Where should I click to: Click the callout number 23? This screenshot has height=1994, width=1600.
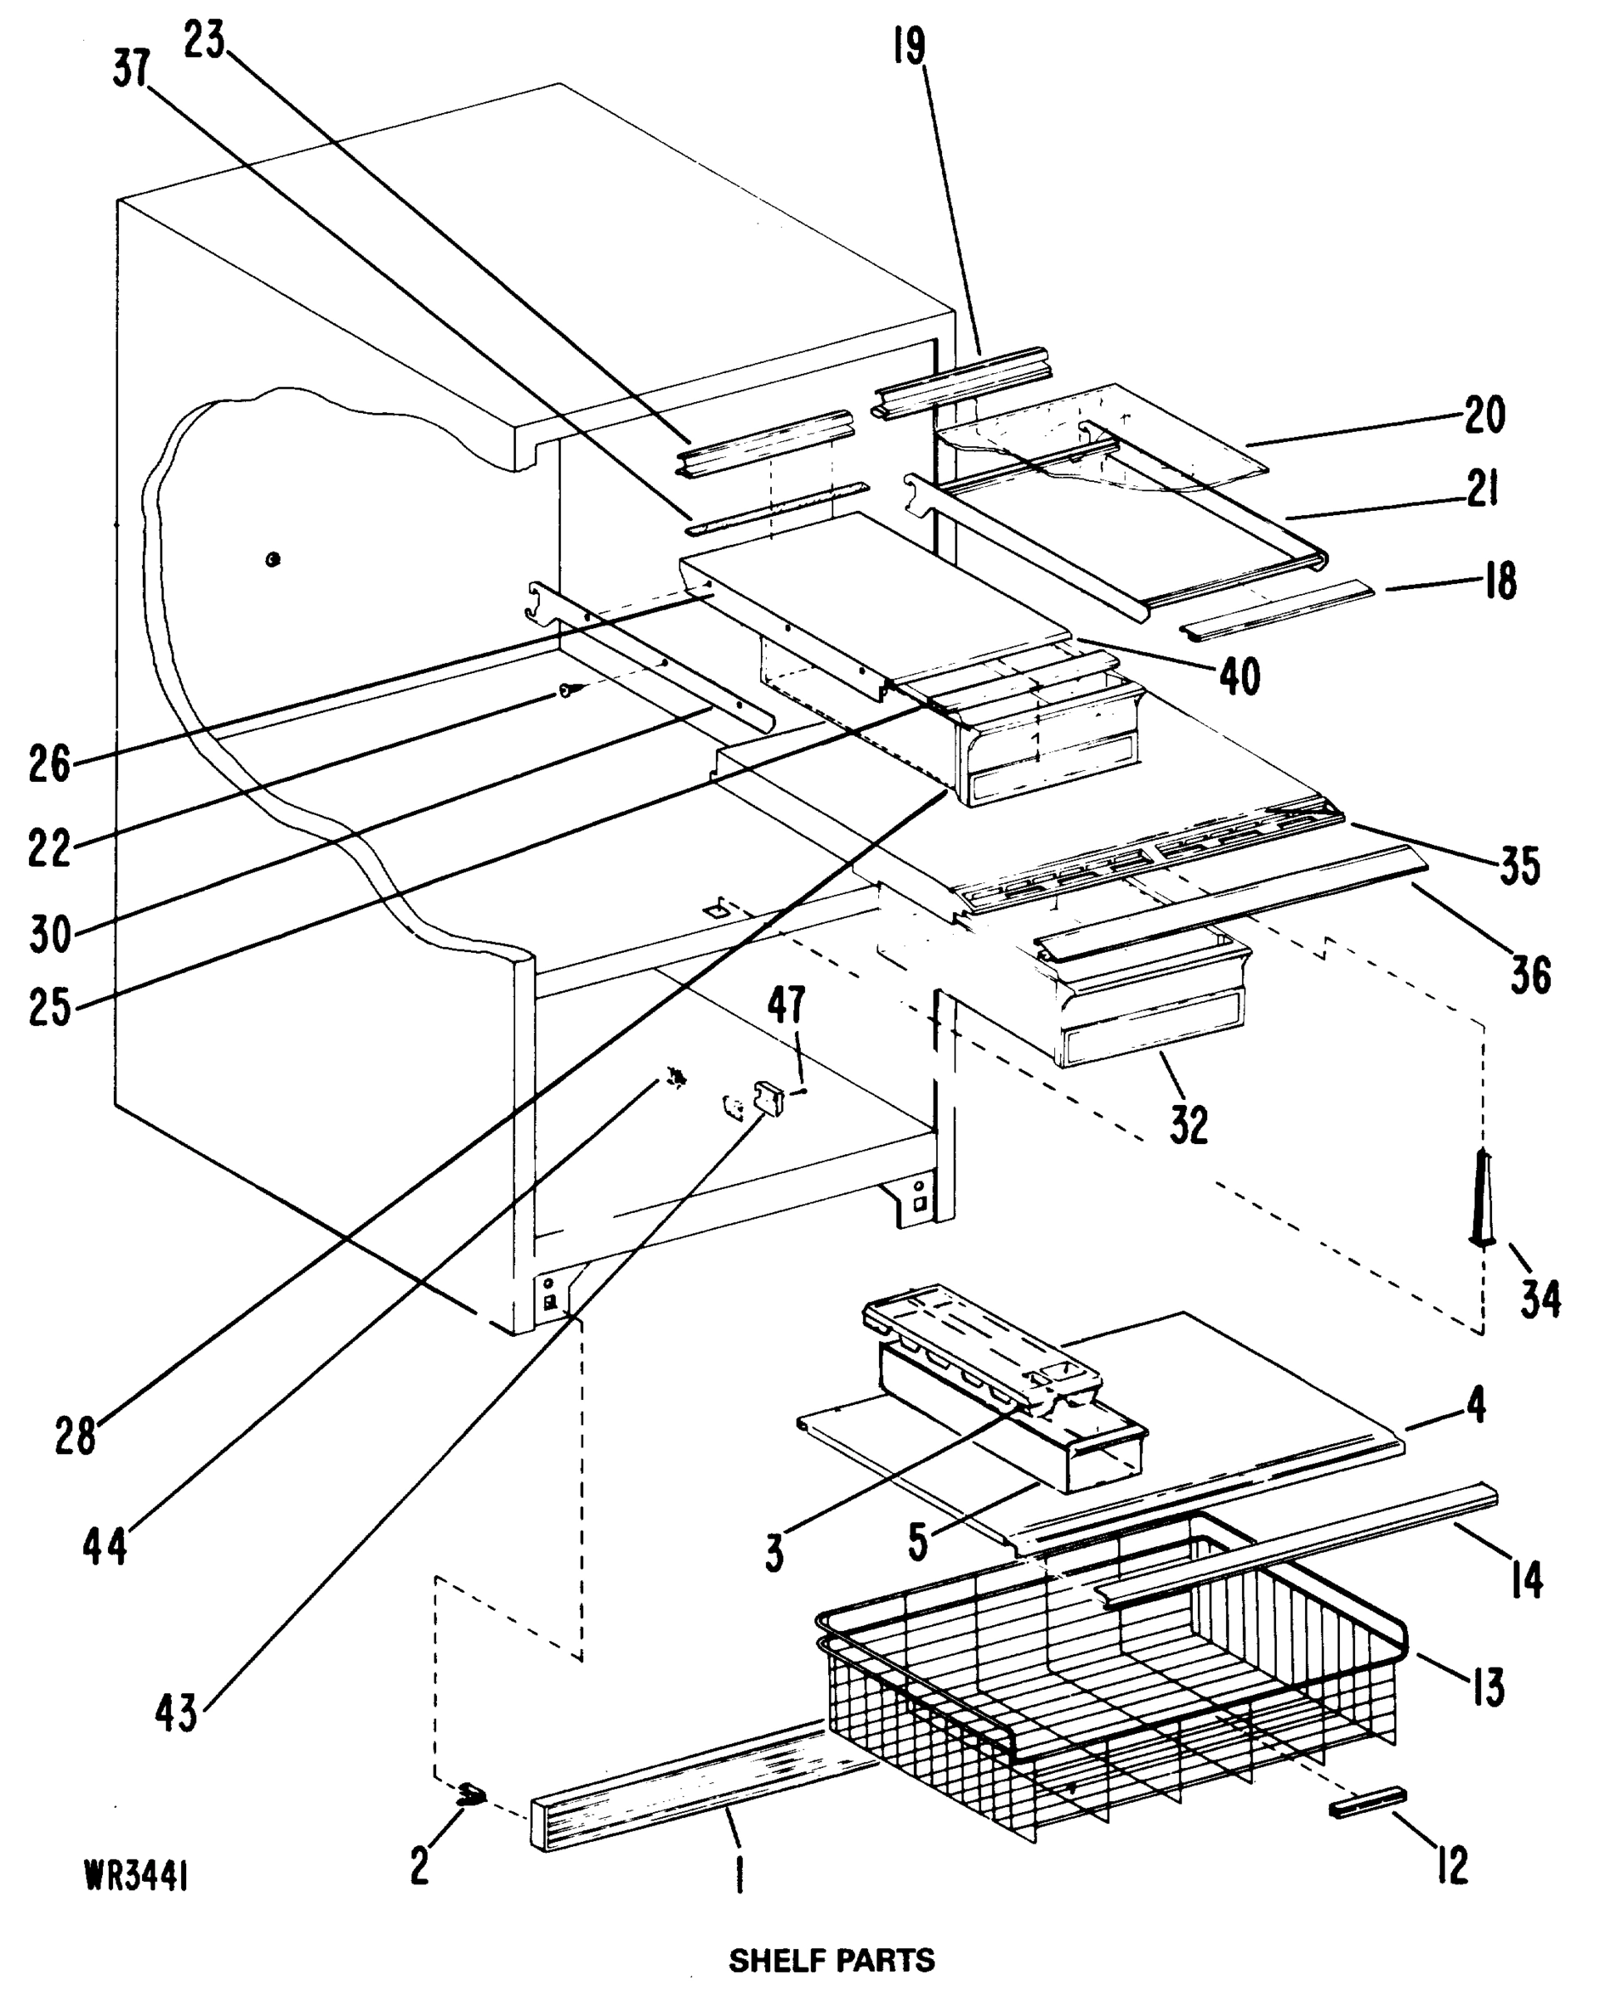204,42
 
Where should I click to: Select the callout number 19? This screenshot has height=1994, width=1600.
909,47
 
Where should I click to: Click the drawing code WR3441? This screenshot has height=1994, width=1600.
137,1877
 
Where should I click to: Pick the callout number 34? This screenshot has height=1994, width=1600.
1540,1299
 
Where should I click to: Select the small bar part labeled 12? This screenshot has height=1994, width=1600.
1367,1801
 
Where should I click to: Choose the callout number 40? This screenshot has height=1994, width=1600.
1239,677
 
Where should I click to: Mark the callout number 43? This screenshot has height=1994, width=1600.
176,1714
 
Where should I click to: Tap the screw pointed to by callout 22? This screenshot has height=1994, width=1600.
570,690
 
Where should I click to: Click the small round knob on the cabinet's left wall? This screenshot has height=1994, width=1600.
272,559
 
